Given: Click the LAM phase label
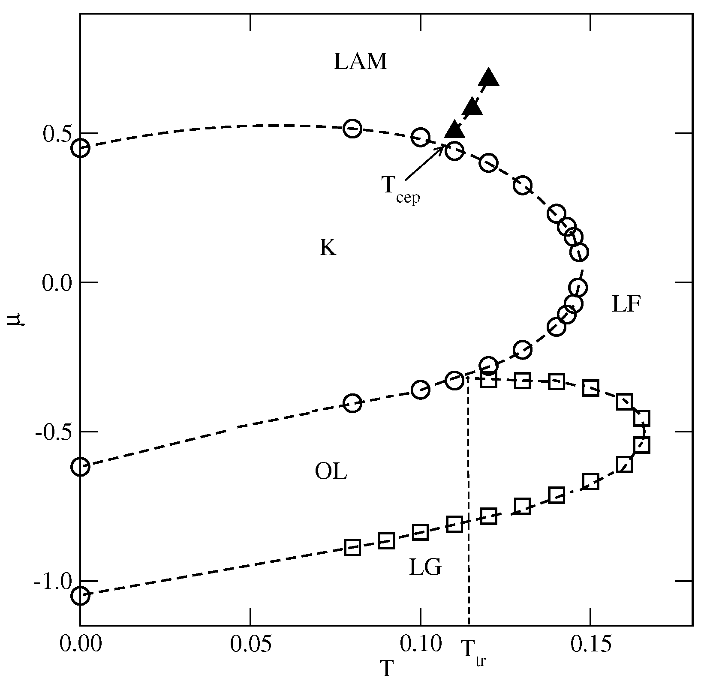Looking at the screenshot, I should tap(361, 62).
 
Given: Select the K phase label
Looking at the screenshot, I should tap(328, 248).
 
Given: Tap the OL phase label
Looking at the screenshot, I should tap(331, 472).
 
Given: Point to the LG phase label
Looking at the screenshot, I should tap(425, 568).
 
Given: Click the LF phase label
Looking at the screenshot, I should tap(626, 305).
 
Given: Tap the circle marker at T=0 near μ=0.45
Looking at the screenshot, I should tap(80, 148).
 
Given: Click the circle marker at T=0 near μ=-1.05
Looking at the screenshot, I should tap(80, 595).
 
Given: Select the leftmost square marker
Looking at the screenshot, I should tap(352, 547).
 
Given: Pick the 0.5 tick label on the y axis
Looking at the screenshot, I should tap(57, 134).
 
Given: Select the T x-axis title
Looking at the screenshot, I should tap(387, 670).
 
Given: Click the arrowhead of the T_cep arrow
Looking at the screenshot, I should tap(445, 147).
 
